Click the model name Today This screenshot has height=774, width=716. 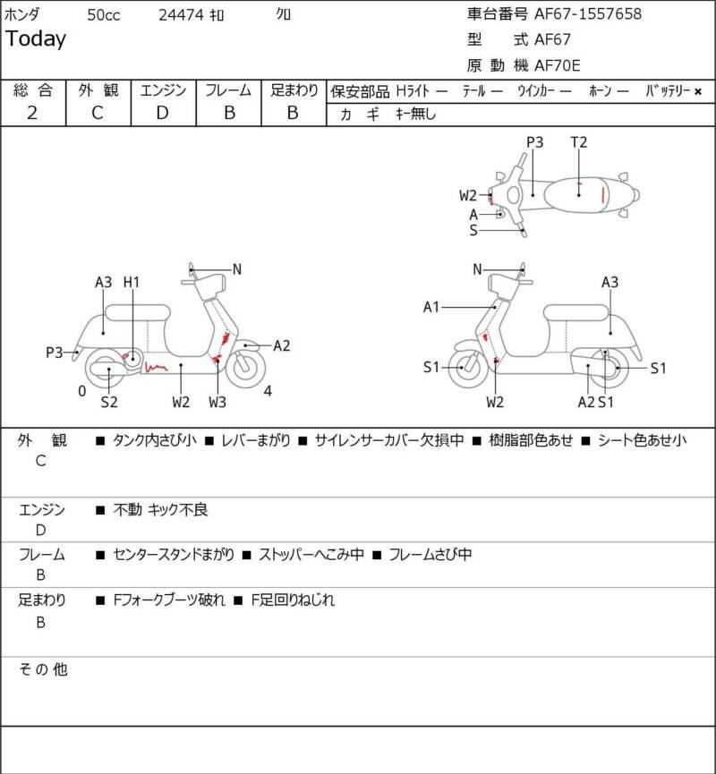[x=36, y=39]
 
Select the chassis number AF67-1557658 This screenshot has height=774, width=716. [x=588, y=13]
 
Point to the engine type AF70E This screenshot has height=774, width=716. [x=557, y=65]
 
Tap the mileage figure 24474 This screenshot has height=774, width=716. [x=181, y=15]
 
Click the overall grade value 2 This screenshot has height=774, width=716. [x=32, y=113]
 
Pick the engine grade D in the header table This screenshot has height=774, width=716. [x=163, y=113]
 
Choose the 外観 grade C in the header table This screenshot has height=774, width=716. [x=98, y=113]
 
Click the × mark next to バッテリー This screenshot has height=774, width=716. [x=698, y=91]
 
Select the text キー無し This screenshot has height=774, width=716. [x=415, y=114]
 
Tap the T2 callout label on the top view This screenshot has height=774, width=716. [x=579, y=142]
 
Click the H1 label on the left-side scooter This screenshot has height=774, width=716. [x=132, y=283]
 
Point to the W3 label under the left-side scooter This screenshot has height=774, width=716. [x=217, y=402]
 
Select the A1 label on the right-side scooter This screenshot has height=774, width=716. [x=431, y=307]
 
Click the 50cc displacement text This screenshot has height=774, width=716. [x=103, y=15]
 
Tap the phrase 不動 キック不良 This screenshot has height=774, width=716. [x=160, y=509]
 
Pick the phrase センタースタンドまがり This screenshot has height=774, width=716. [x=174, y=555]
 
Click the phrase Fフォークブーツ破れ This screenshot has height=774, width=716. [x=169, y=600]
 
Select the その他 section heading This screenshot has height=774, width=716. [x=43, y=669]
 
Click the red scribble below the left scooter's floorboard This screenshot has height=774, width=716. [x=156, y=367]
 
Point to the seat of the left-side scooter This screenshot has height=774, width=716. [x=138, y=313]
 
